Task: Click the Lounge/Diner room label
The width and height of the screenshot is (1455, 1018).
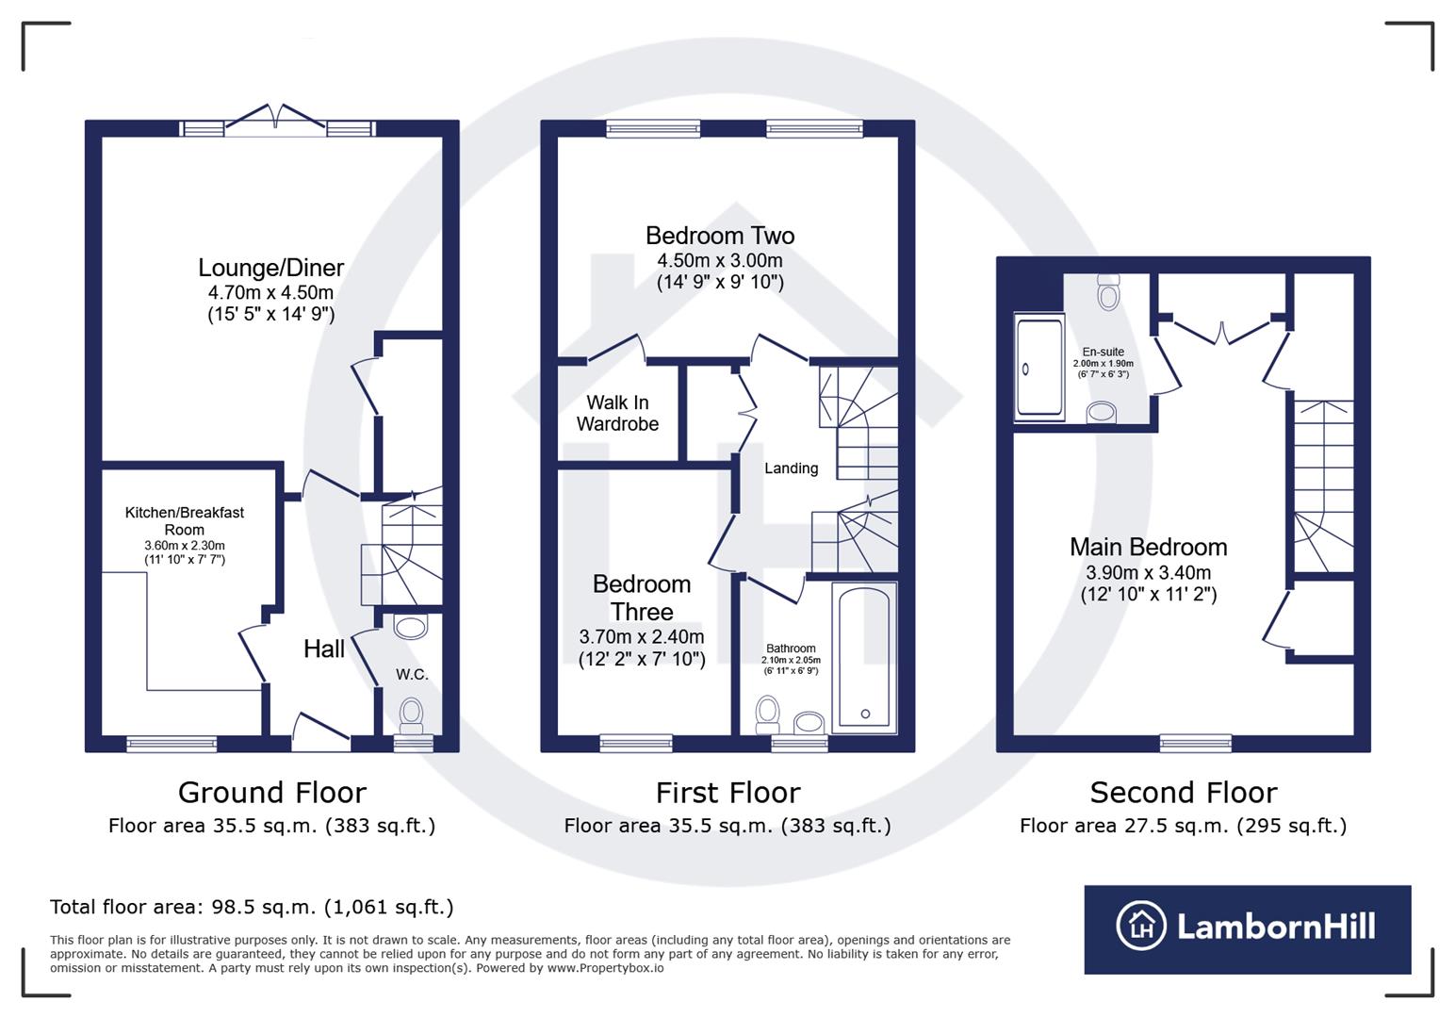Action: tap(270, 268)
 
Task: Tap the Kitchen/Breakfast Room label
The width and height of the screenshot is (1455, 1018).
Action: tap(185, 521)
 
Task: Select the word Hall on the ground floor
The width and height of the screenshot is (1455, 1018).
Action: tap(324, 649)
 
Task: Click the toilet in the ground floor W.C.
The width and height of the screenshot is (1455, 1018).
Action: tap(411, 715)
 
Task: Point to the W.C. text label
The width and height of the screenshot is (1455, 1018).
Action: tap(412, 674)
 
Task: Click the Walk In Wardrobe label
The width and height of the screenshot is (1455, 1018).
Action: tap(617, 413)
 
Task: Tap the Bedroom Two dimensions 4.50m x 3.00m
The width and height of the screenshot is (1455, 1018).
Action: tap(720, 260)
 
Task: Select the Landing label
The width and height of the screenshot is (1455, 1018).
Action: tap(792, 468)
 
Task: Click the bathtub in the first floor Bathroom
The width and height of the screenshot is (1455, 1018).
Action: tap(864, 657)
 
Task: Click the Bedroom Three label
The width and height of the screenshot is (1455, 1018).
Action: tap(642, 598)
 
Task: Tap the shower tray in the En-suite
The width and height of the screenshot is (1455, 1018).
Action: tap(1039, 367)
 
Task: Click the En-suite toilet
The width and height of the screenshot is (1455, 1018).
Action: tap(1108, 291)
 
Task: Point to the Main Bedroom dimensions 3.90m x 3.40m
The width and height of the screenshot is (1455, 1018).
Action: tap(1149, 573)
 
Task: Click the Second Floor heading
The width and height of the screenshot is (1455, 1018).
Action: tap(1184, 793)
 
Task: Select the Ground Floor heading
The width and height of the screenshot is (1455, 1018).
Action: tap(272, 793)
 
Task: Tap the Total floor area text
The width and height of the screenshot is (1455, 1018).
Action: tap(252, 907)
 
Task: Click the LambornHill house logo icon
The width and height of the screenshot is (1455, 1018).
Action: tap(1141, 926)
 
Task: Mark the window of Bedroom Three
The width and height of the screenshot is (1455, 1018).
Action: tap(636, 743)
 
